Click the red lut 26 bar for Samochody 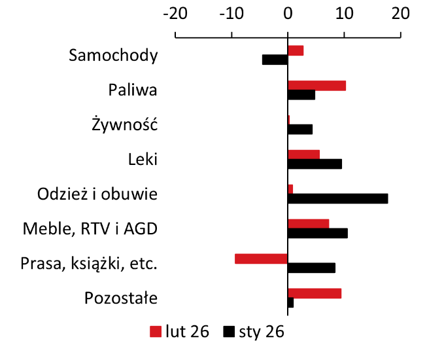coord(296,50)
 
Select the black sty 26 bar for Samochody coord(275,60)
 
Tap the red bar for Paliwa coord(316,85)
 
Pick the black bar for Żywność coord(300,129)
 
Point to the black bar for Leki coord(315,164)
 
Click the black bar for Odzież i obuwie coord(337,198)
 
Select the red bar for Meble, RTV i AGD coord(308,224)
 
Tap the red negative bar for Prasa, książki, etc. coord(261,259)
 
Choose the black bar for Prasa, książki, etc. coord(311,268)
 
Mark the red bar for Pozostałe coord(315,293)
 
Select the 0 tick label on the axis coord(288,12)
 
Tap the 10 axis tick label coord(344,12)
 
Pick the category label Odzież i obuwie coord(97,194)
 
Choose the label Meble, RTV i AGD coord(90,229)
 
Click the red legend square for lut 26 coord(156,331)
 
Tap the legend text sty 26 coord(261,331)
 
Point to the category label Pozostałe coord(121,298)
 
